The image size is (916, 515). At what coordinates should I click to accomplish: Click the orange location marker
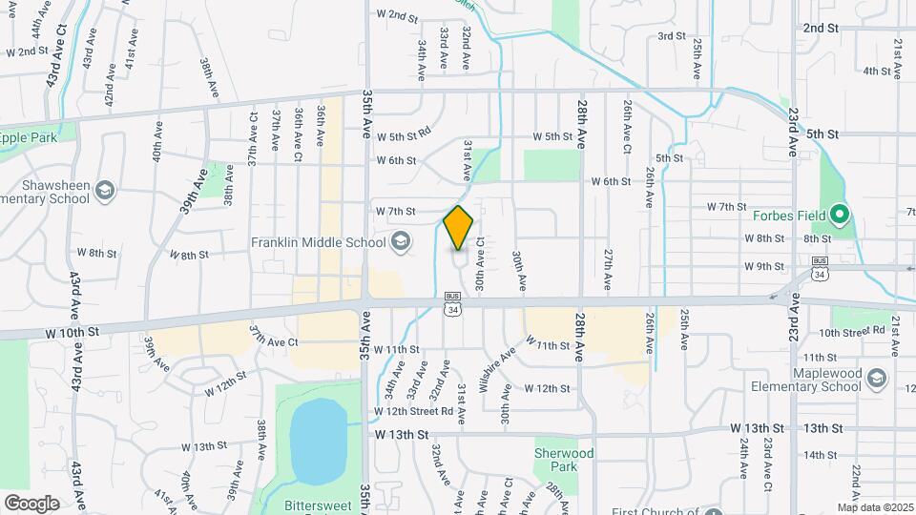pyautogui.click(x=458, y=228)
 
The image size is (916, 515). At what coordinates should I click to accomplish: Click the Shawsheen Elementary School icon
pyautogui.click(x=105, y=192)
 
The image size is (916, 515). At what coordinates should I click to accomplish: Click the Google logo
pyautogui.click(x=31, y=503)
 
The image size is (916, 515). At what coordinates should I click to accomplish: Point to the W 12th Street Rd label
pyautogui.click(x=413, y=411)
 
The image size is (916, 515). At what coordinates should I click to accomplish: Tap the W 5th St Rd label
pyautogui.click(x=404, y=136)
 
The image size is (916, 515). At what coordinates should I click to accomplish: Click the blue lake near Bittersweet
pyautogui.click(x=318, y=440)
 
